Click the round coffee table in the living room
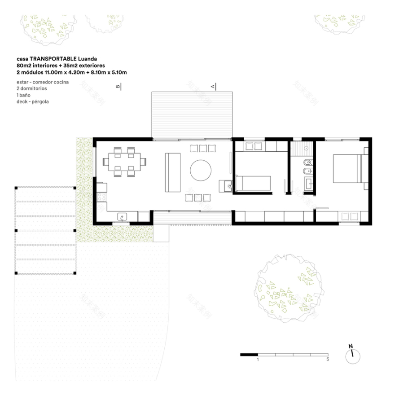tap(201, 170)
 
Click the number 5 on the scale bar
tap(328, 360)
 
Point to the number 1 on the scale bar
tap(258, 360)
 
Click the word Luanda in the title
tap(87, 59)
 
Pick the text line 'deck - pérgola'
tap(32, 102)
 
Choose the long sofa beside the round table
tap(173, 173)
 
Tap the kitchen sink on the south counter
tap(123, 217)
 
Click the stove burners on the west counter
tap(101, 197)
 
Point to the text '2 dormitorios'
tap(31, 88)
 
